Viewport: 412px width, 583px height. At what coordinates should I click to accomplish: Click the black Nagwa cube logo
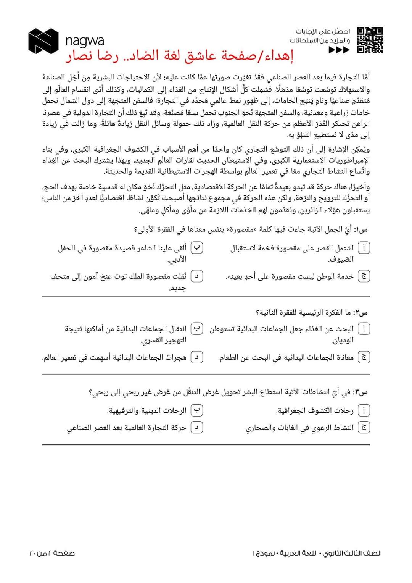pos(43,41)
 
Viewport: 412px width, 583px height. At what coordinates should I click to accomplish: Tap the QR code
pos(370,40)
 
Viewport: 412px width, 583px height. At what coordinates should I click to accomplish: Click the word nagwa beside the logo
pos(84,40)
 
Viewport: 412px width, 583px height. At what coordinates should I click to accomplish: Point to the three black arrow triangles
pos(339,50)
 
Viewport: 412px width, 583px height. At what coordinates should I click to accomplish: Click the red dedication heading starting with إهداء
pos(180,57)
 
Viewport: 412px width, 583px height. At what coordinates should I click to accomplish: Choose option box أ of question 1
pos(364,248)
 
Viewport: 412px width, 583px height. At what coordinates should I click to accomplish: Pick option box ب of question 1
pos(196,248)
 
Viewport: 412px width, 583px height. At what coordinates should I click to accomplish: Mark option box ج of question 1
pos(364,276)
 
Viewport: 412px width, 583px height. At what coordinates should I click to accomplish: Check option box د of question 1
pos(196,276)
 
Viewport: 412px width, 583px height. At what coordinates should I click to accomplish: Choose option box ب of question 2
pos(196,329)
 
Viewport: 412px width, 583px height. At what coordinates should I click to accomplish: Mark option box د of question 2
pos(196,357)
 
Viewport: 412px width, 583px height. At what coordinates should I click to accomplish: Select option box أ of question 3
pos(364,411)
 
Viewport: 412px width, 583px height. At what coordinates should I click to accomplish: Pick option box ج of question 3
pos(364,428)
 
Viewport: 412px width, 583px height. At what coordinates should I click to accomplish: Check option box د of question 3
pos(196,428)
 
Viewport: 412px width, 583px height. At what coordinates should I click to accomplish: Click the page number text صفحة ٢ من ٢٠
pos(52,553)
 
